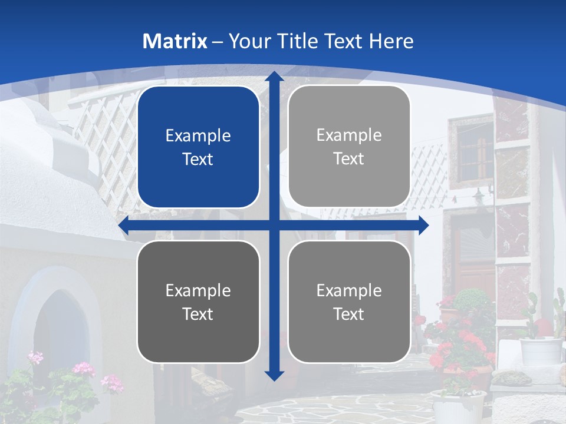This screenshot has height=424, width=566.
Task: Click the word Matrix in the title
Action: point(175,41)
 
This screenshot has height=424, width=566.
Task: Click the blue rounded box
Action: point(198,147)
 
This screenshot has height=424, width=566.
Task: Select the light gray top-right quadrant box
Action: point(349,147)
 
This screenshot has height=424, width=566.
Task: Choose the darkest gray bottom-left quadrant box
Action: point(198,302)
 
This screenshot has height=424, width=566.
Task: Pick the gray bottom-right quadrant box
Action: point(349,302)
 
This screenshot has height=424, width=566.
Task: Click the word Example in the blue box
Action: point(198,135)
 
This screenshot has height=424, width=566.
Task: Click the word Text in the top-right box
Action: point(349,159)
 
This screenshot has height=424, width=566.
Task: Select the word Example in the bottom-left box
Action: point(198,290)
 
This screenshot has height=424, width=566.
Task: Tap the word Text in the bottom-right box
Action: point(349,314)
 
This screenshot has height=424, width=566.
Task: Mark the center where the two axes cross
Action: point(274,226)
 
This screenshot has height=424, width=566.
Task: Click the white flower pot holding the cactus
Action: point(541,350)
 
